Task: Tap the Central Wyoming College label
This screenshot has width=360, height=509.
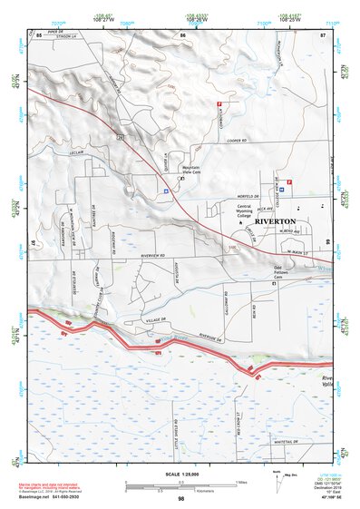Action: coord(238,212)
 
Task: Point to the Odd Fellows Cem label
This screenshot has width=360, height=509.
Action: coord(286,272)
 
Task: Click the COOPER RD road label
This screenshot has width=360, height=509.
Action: coord(238,141)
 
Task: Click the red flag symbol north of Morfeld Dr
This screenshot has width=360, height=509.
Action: coord(289,182)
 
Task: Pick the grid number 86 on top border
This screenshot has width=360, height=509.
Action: coord(182,35)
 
